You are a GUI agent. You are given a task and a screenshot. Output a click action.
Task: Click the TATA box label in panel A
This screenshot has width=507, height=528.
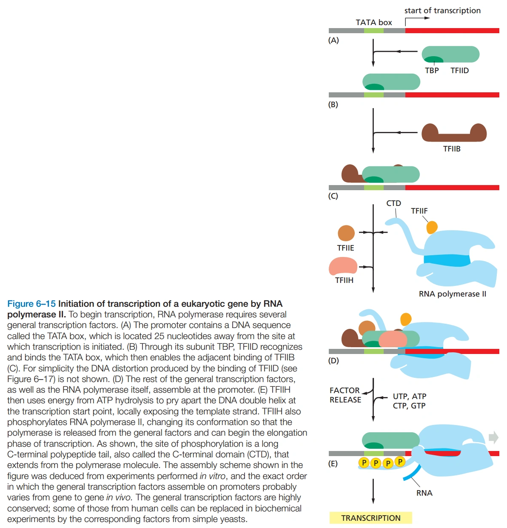[373, 23]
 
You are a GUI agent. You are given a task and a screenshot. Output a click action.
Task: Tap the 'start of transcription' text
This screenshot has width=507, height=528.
[442, 11]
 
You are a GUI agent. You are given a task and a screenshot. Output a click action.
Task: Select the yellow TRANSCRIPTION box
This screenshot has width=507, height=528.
[370, 518]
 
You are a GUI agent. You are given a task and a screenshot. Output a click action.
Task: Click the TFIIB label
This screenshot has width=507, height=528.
[451, 149]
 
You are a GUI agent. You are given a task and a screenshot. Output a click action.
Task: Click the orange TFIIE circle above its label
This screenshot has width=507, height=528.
[346, 233]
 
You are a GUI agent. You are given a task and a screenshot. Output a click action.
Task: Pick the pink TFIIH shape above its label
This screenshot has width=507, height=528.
[343, 266]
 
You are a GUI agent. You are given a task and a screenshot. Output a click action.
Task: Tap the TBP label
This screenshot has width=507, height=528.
[432, 71]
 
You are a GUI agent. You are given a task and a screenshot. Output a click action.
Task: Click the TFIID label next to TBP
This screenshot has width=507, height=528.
[459, 71]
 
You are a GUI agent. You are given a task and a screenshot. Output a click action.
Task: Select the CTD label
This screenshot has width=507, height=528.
[393, 203]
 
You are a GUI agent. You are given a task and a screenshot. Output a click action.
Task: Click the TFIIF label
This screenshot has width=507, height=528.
[419, 211]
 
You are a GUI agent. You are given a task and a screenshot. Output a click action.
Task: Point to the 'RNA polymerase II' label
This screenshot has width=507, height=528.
[452, 294]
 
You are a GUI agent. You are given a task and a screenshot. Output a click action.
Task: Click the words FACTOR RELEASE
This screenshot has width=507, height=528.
[345, 395]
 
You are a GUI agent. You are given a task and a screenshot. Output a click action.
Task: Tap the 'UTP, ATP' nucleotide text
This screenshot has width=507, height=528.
[409, 396]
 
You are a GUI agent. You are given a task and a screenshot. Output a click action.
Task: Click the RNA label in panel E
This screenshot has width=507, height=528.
[424, 493]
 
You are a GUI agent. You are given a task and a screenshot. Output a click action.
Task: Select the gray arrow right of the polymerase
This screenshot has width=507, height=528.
[493, 437]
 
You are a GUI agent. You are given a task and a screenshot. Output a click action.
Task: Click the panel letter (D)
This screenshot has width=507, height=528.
[333, 361]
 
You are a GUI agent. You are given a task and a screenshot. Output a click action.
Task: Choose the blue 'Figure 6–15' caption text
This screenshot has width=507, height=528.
[31, 304]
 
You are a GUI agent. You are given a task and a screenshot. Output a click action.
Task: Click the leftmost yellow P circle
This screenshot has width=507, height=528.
[364, 462]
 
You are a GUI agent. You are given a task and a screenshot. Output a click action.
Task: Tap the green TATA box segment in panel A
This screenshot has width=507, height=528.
[373, 31]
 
